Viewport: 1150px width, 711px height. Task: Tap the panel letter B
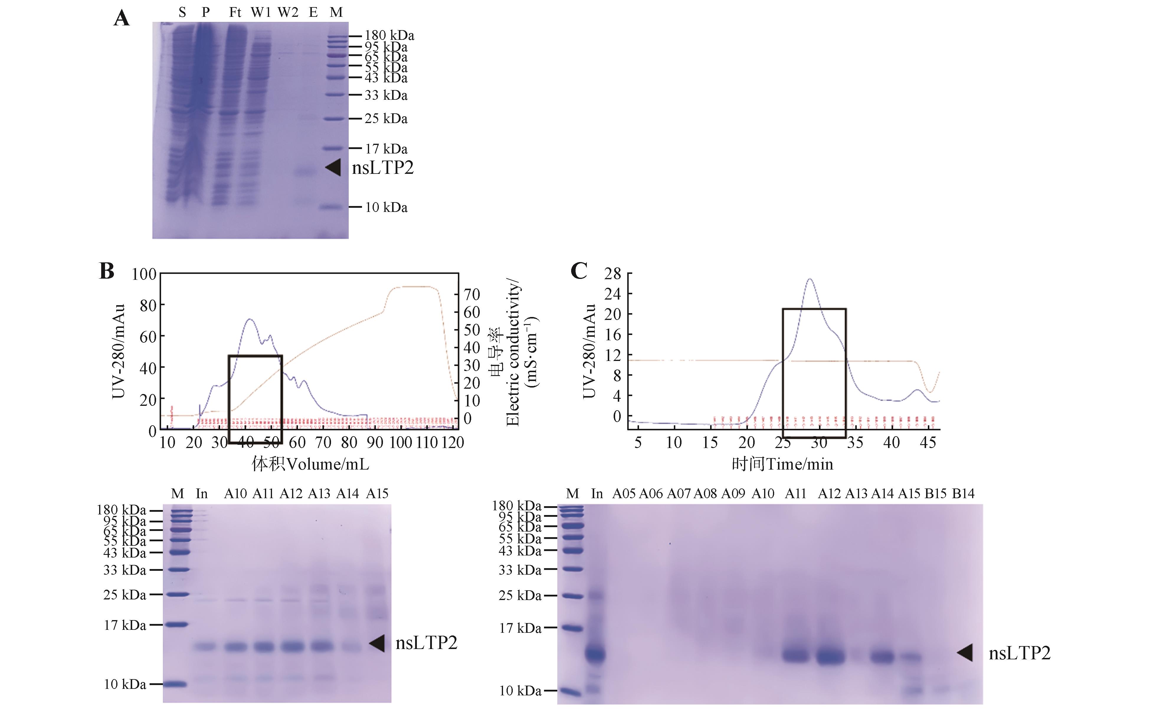tap(107, 271)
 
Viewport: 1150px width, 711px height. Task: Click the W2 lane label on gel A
tap(288, 13)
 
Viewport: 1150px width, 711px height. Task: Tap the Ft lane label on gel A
tap(235, 13)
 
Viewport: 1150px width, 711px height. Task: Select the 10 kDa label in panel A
tap(386, 207)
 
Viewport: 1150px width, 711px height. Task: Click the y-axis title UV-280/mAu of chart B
tap(118, 351)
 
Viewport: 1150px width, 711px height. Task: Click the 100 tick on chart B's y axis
tap(144, 274)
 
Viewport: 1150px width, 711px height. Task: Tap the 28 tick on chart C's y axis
tap(612, 273)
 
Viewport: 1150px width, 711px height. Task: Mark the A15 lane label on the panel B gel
tap(377, 494)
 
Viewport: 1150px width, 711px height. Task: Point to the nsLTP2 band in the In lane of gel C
tap(596, 654)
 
